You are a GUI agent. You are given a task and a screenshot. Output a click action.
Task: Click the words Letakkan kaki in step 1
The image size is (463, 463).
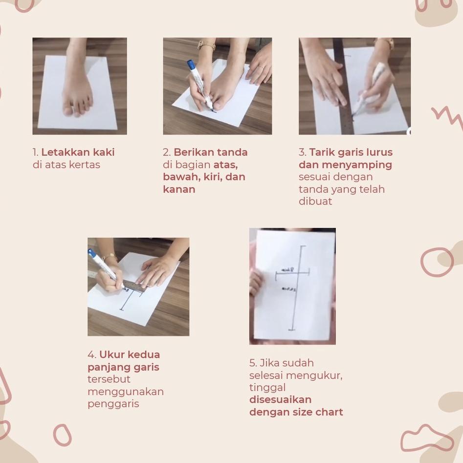[x=78, y=152]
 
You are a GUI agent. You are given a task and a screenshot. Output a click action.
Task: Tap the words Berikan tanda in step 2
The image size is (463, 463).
[x=210, y=152]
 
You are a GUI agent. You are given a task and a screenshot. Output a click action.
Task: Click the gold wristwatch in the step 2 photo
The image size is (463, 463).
[x=206, y=45]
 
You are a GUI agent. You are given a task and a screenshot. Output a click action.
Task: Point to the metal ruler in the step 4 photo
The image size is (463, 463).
[x=132, y=286]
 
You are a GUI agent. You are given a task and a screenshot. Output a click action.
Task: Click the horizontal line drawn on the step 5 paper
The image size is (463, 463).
[x=292, y=272]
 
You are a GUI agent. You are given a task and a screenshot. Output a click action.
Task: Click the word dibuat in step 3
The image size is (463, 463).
[x=315, y=201]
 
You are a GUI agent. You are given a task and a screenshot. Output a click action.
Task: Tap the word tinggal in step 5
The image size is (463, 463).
[x=267, y=388]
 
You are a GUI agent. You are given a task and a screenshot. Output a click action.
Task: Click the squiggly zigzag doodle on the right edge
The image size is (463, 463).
[x=446, y=116]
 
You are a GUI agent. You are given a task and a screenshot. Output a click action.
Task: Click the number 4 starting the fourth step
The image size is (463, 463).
[x=91, y=354]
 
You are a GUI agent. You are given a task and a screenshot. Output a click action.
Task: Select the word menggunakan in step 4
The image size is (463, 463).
[x=126, y=392]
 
